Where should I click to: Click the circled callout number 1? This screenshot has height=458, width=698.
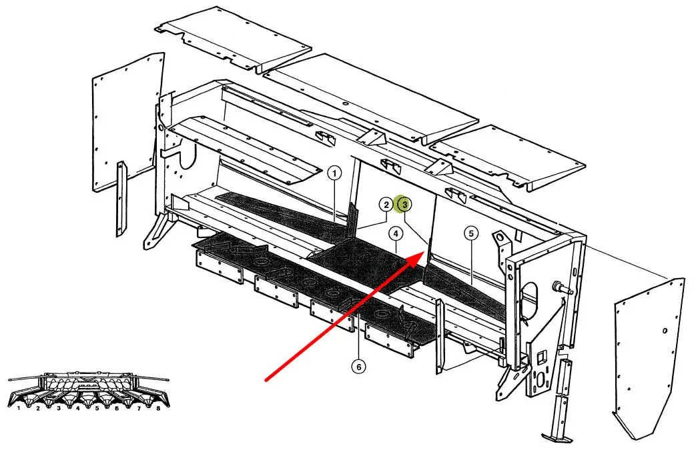(x=335, y=174)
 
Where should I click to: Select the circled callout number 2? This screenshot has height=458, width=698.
(x=386, y=204)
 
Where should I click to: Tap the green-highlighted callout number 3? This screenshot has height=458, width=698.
(x=404, y=204)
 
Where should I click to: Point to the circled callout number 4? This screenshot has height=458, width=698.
(x=396, y=233)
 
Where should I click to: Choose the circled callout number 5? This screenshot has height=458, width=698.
(x=471, y=233)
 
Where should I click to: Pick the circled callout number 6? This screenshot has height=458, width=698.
(x=359, y=367)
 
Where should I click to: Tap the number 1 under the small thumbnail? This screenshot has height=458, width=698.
(x=19, y=407)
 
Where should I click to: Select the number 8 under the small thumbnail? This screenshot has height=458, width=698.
(x=157, y=407)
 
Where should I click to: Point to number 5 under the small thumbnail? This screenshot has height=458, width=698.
(x=97, y=407)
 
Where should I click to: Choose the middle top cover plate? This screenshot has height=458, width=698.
(x=374, y=97)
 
